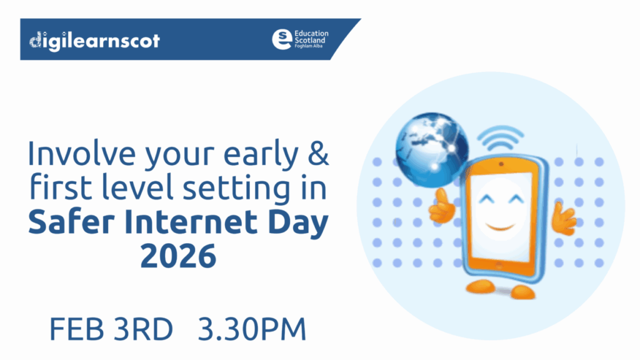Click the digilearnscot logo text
(x=94, y=41)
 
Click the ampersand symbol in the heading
(x=319, y=155)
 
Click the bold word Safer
(x=66, y=222)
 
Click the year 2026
(x=178, y=256)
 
